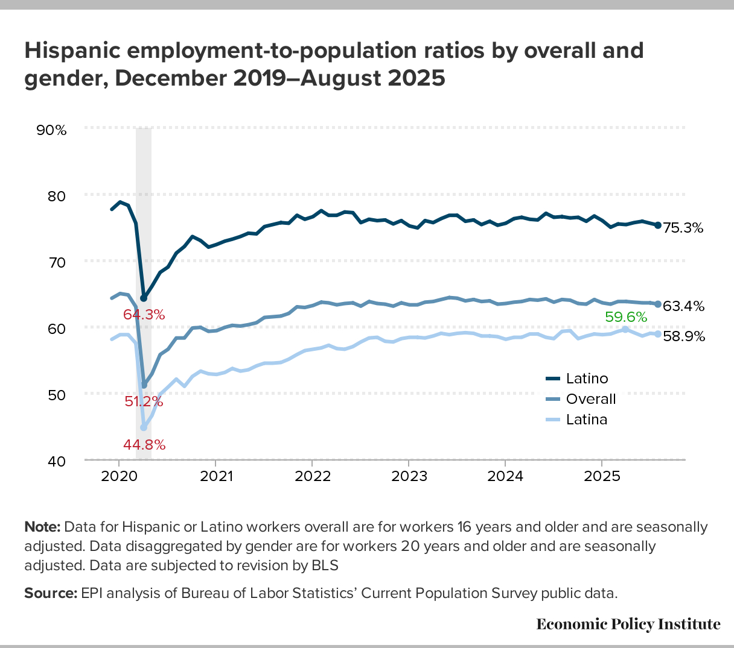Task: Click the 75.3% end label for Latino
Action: click(683, 228)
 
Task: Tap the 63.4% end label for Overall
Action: click(683, 306)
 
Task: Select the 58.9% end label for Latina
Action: click(683, 336)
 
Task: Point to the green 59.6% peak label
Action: click(626, 317)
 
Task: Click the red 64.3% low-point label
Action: click(144, 315)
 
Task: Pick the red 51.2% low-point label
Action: click(144, 401)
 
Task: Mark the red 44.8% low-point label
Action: click(144, 445)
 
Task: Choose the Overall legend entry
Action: click(590, 399)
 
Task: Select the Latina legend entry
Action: click(586, 420)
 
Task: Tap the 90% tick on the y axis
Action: click(53, 130)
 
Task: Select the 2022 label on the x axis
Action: click(312, 476)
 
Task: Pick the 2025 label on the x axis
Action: click(602, 476)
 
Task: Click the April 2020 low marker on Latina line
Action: click(144, 427)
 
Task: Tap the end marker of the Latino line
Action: click(657, 225)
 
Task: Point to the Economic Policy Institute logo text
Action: click(628, 624)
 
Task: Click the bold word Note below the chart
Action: click(42, 527)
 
